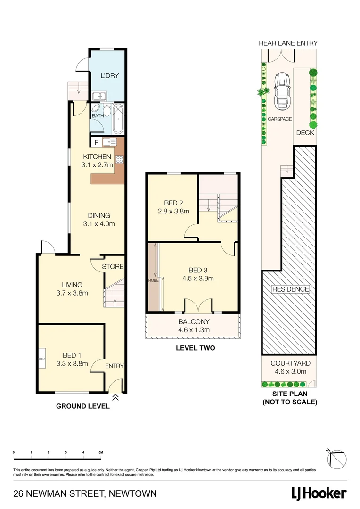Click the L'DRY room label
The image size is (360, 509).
click(107, 75)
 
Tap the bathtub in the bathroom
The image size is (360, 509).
click(118, 119)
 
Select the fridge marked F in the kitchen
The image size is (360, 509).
click(97, 142)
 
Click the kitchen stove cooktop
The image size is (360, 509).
click(119, 159)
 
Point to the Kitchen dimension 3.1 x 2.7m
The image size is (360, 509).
click(97, 165)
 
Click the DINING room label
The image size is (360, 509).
click(98, 216)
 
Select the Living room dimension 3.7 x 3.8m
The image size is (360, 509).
click(72, 293)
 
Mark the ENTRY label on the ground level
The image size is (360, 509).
click(115, 366)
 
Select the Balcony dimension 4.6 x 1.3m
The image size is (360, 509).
click(194, 330)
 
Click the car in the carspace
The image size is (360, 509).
click(282, 90)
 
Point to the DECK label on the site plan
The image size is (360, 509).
click(305, 133)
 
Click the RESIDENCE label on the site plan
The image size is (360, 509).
click(290, 289)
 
